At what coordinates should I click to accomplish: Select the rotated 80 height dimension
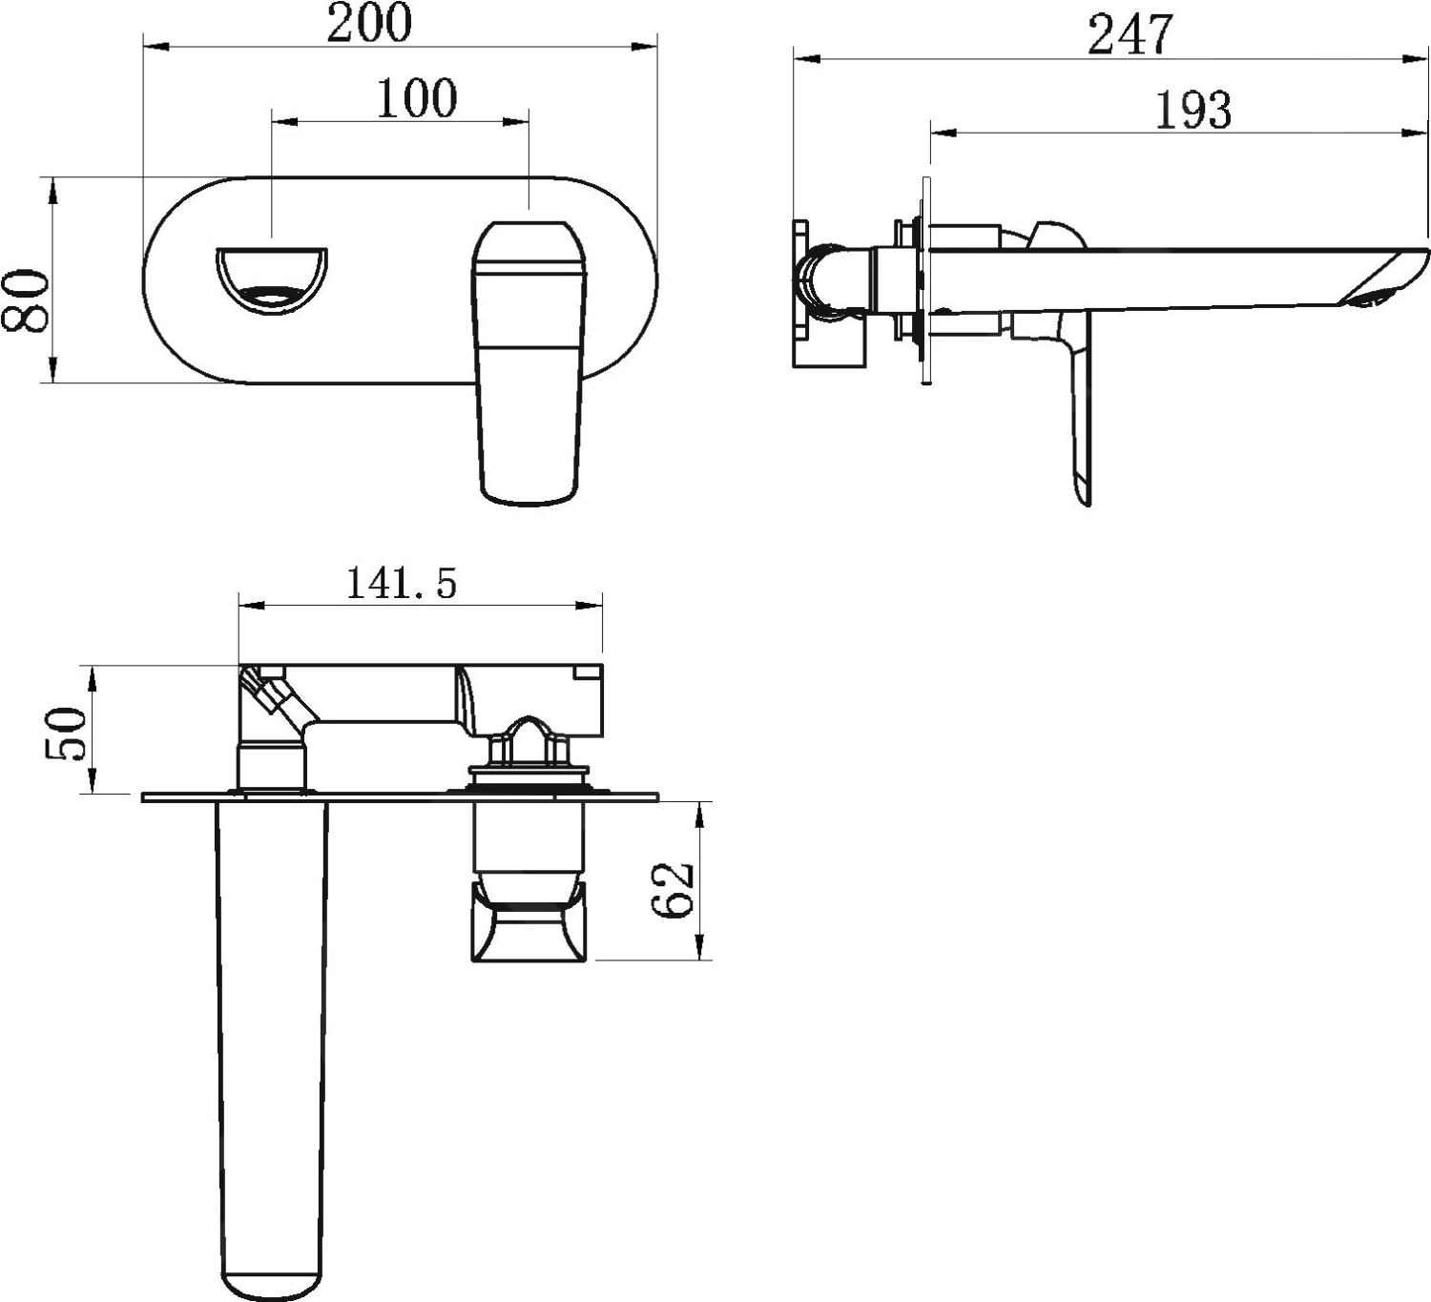coord(26,300)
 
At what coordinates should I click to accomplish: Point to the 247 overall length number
coord(1130,34)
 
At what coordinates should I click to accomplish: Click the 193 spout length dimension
coord(1193,110)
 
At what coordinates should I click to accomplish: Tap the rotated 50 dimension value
coord(66,734)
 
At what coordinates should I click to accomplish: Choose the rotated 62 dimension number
coord(672,889)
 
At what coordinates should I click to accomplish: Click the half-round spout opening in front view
coord(272,280)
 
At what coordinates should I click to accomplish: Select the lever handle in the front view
coord(529,363)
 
